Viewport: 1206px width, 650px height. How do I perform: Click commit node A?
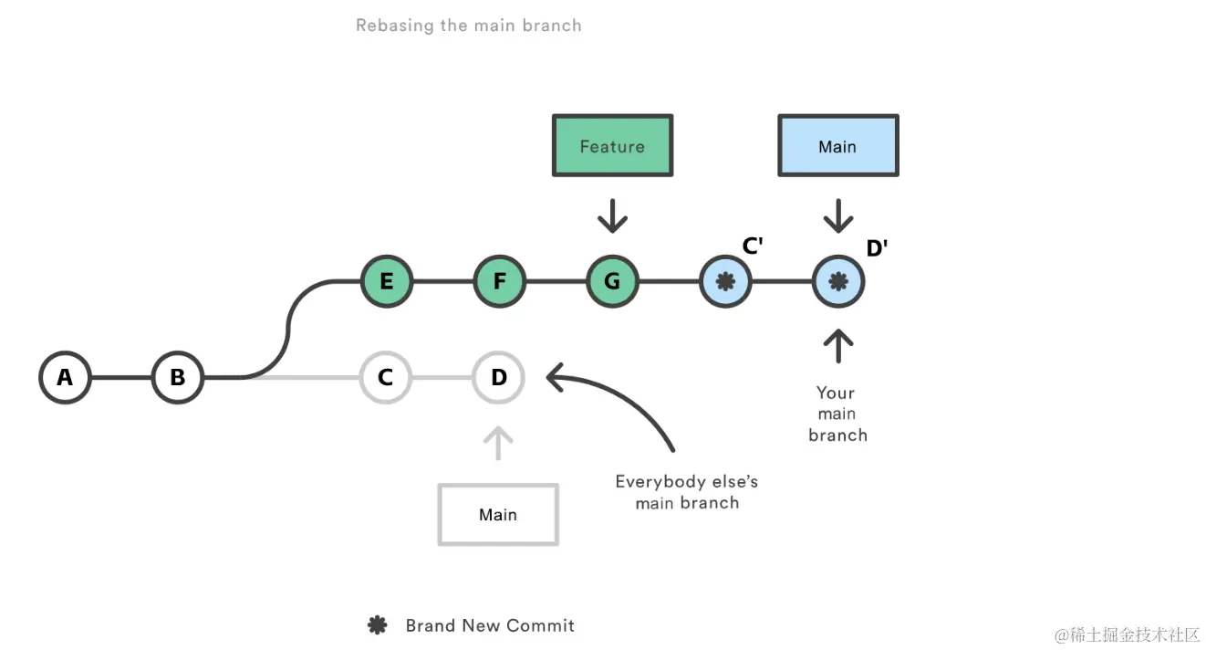[x=65, y=377]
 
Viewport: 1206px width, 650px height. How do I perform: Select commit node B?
[x=178, y=377]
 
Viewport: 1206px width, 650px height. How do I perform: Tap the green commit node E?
[x=387, y=282]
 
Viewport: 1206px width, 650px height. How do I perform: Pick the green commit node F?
[x=499, y=282]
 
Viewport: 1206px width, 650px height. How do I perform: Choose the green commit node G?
[x=612, y=282]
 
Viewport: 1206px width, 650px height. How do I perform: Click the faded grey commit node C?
[x=386, y=377]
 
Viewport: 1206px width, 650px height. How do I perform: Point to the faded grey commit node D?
[x=498, y=377]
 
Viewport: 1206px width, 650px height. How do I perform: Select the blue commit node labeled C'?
[x=725, y=282]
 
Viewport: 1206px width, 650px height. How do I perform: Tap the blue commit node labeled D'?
[x=837, y=282]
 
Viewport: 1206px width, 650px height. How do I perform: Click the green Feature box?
[x=612, y=146]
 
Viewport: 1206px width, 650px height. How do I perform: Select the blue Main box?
[x=837, y=146]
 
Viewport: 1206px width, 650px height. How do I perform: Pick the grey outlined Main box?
[x=498, y=515]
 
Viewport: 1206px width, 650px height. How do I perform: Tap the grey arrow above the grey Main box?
[x=498, y=443]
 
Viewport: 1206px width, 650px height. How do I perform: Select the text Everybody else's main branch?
[x=687, y=492]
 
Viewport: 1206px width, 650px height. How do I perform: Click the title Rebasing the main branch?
[x=468, y=26]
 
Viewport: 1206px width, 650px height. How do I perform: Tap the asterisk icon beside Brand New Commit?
[x=377, y=625]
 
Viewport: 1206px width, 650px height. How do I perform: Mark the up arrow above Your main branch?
[x=837, y=346]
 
